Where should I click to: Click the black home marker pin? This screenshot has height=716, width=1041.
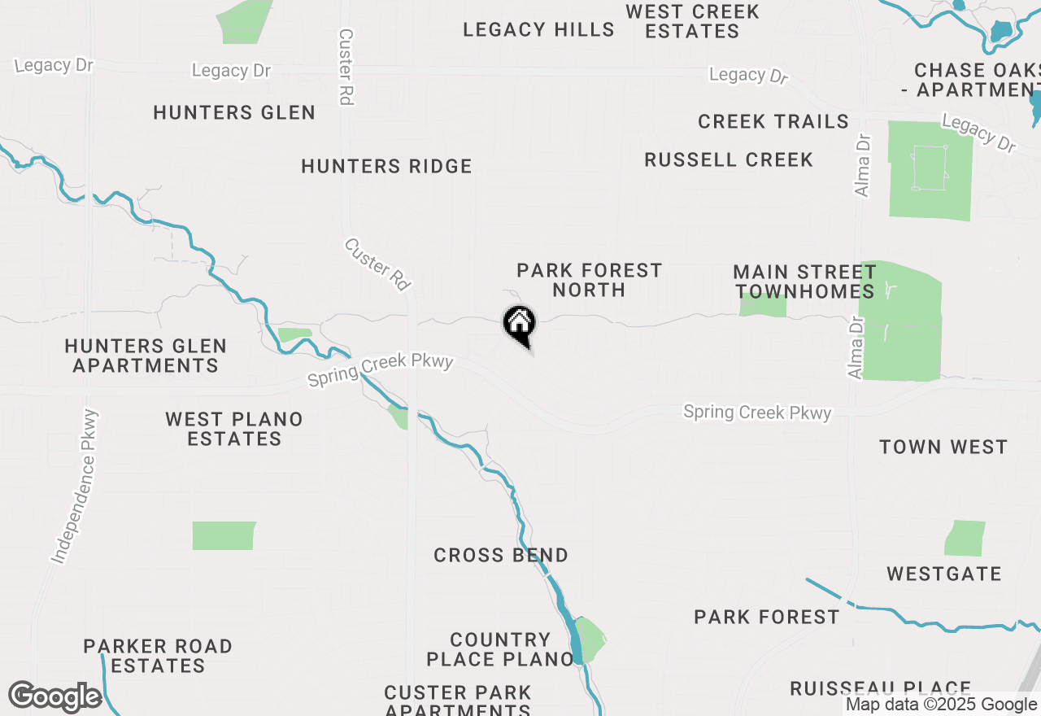[x=519, y=324]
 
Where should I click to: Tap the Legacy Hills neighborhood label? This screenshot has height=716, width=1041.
[x=538, y=30]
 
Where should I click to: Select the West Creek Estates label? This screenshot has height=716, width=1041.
[x=693, y=22]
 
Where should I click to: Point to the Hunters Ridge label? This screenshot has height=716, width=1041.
[x=386, y=167]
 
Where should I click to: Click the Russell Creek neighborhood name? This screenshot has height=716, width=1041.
[x=729, y=160]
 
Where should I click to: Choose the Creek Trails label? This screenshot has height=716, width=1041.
[x=773, y=122]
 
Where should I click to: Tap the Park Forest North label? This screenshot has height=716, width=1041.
[x=589, y=280]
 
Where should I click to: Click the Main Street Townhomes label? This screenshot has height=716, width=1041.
[x=804, y=282]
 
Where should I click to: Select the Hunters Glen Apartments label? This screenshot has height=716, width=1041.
[x=146, y=356]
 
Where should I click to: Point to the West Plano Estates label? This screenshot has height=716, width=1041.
[x=234, y=429]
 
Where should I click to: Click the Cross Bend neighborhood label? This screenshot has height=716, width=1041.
[x=501, y=556]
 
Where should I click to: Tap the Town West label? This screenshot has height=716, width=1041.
[x=943, y=447]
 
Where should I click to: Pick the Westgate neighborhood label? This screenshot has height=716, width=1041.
[x=944, y=574]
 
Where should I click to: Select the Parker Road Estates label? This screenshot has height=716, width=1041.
[x=158, y=656]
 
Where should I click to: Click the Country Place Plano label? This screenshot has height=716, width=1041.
[x=500, y=649]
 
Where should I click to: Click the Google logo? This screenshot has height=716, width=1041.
[x=54, y=697]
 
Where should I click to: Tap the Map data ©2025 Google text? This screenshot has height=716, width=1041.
[x=941, y=705]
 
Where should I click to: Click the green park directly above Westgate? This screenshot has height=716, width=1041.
[x=965, y=539]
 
